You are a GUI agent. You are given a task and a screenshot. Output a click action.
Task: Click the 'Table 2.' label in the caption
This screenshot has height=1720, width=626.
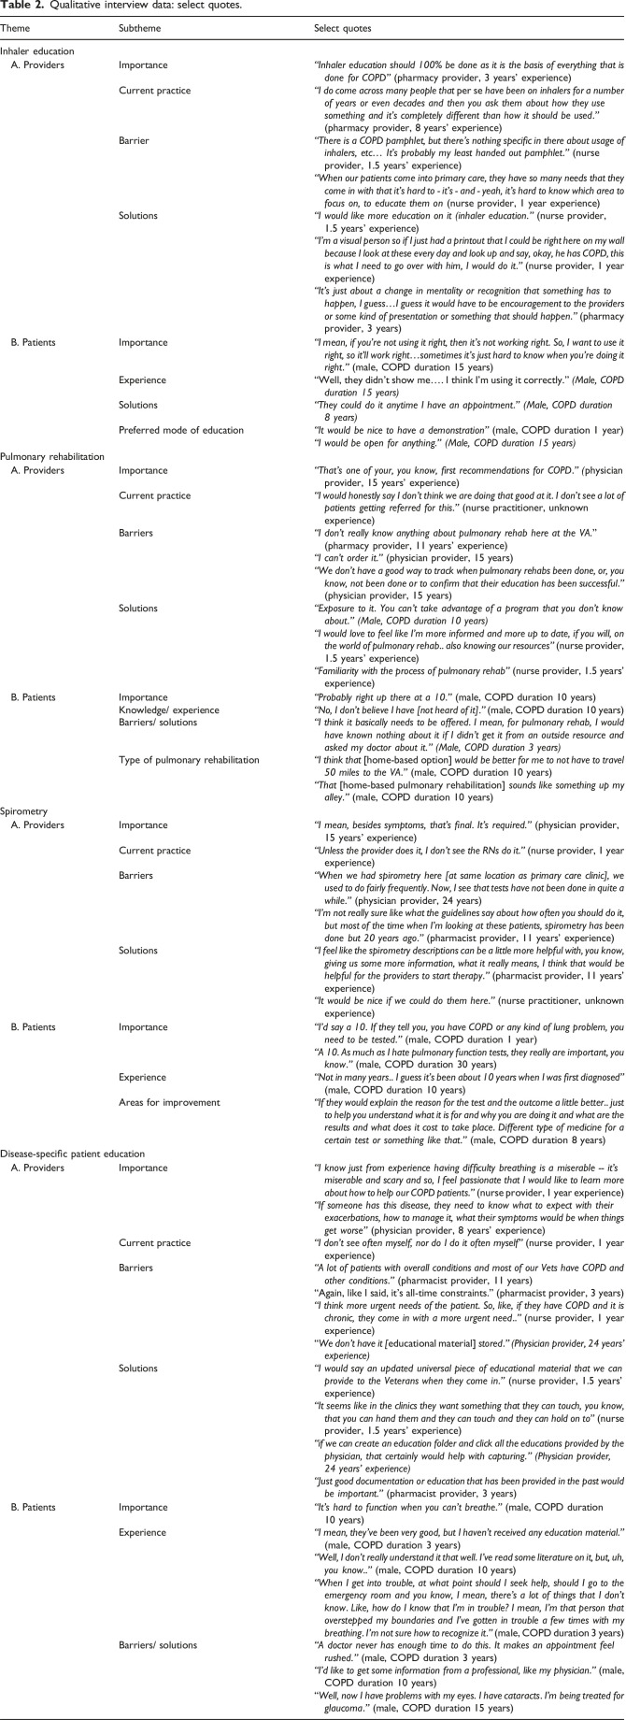(21, 7)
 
